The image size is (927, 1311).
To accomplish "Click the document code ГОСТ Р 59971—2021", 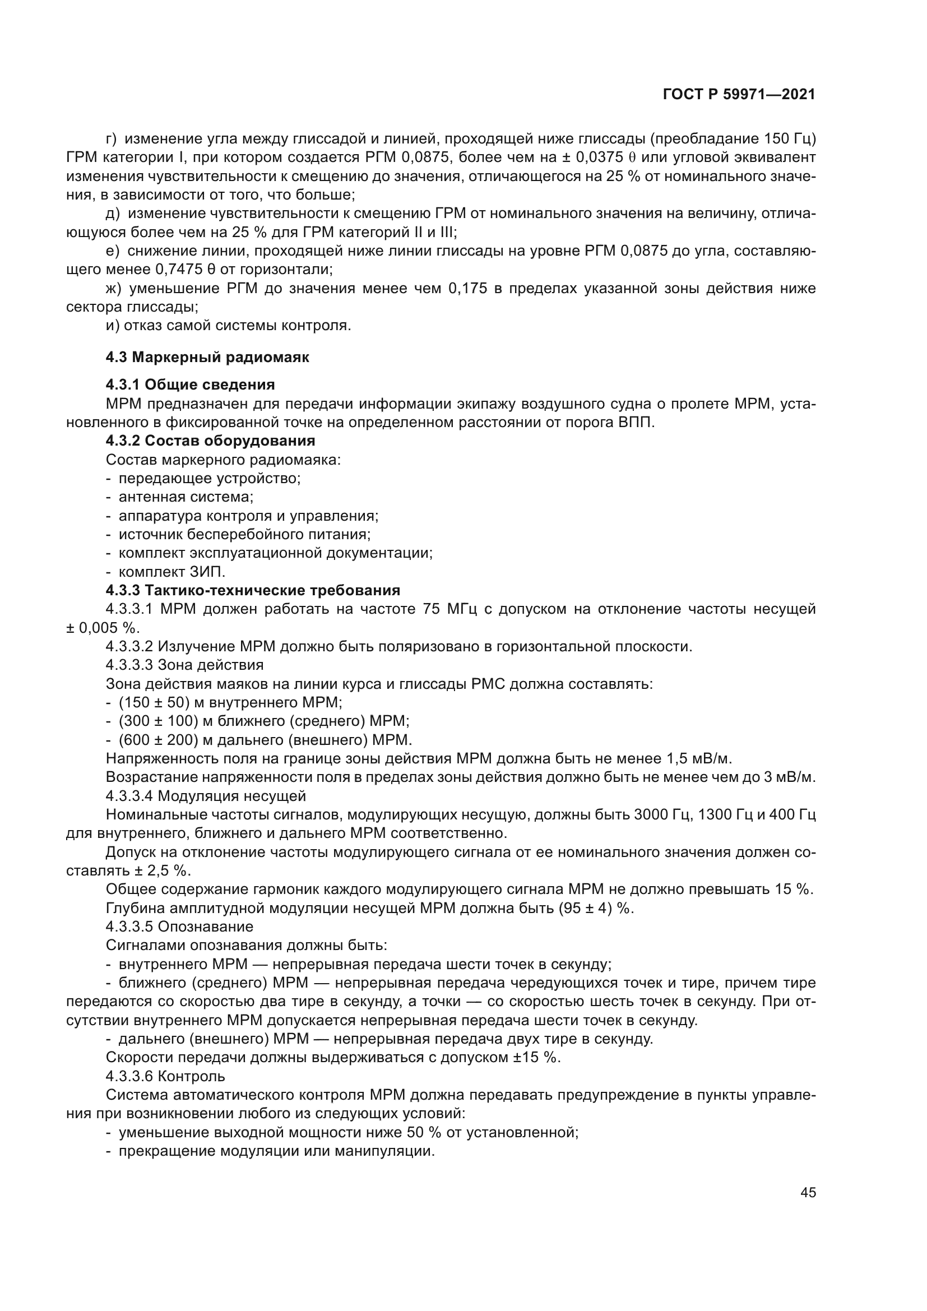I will click(739, 95).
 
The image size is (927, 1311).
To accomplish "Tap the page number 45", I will click(808, 1193).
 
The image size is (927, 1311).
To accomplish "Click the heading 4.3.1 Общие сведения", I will click(190, 385).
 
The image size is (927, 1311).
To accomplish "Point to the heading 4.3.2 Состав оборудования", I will click(210, 441).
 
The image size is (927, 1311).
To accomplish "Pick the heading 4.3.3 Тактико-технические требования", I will click(253, 590).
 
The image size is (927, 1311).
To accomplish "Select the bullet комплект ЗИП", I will click(172, 572).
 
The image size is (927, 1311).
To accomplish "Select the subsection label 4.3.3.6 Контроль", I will click(165, 1076).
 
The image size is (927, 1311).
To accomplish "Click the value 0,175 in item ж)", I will click(467, 289).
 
